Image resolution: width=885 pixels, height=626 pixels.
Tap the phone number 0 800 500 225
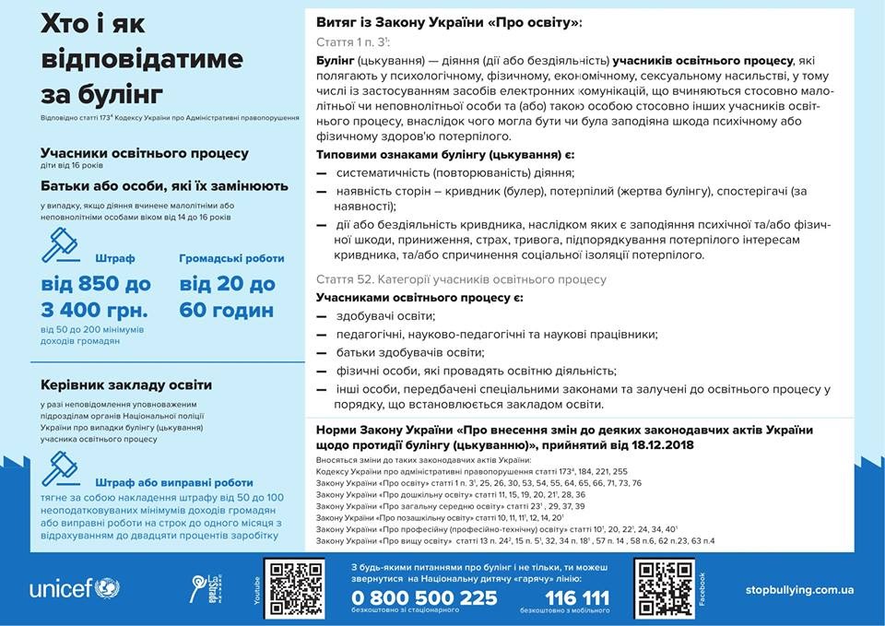(x=424, y=597)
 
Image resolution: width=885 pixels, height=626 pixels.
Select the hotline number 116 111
(x=577, y=597)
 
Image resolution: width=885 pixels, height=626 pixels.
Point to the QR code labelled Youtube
(x=294, y=588)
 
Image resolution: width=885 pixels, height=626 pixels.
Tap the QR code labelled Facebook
(x=665, y=588)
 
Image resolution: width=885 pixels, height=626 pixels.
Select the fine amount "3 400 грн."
(x=95, y=309)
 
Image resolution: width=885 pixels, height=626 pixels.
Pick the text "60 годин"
(x=227, y=309)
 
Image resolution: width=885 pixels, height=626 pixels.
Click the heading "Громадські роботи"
(x=231, y=259)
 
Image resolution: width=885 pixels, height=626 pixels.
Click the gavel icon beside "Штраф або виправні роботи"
(x=62, y=469)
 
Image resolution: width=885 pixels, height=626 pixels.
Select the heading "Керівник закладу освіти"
(x=126, y=384)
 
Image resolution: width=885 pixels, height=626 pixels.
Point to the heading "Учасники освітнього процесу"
(x=145, y=153)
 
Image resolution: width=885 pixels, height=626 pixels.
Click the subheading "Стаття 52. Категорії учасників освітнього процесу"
(x=461, y=278)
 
